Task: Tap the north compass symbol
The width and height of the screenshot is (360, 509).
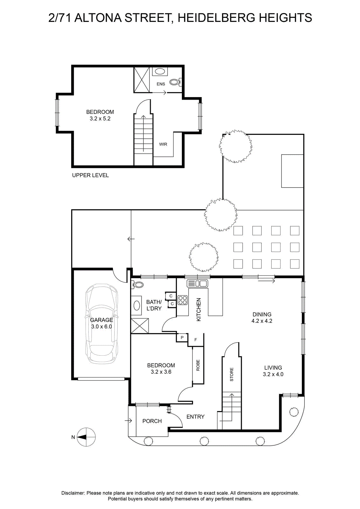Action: tap(86, 437)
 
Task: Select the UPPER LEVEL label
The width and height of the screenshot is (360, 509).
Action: tap(90, 175)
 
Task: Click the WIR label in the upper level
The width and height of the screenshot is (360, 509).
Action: tap(163, 144)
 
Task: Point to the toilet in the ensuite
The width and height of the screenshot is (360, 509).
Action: tap(176, 82)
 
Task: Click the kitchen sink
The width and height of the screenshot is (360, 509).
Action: tap(197, 283)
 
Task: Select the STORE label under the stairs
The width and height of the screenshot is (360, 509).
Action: tap(232, 374)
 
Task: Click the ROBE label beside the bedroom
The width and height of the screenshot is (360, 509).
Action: tap(198, 365)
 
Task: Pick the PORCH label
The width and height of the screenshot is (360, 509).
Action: tap(152, 421)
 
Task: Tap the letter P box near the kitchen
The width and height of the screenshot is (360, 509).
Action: tap(182, 338)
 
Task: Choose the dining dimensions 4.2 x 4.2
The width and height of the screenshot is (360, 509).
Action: tap(262, 321)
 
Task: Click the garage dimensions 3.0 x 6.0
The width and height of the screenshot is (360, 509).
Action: tap(101, 326)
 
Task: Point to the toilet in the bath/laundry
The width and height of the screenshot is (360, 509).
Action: tap(137, 284)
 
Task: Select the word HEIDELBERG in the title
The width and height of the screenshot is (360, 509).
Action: tap(217, 18)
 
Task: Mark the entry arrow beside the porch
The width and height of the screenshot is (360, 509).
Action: tap(128, 421)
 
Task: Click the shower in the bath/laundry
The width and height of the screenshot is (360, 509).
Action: tap(140, 326)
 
